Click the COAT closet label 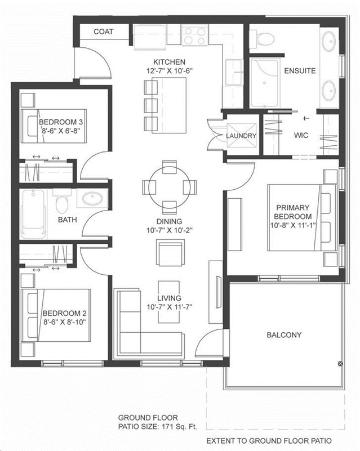[104, 32]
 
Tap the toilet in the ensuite [261, 39]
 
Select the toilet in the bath [61, 201]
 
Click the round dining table [170, 187]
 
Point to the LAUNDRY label [241, 136]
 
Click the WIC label [301, 135]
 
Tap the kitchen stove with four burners [195, 35]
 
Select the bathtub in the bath [34, 214]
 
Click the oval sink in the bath [92, 198]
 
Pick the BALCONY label [284, 335]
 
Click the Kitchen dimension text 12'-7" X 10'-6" [170, 71]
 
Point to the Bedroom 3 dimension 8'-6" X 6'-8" [61, 131]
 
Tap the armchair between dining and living [170, 253]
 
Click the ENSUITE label [300, 71]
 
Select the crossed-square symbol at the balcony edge [340, 364]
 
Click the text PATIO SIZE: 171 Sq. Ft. [158, 427]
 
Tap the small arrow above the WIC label [307, 118]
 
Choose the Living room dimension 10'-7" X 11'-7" [170, 307]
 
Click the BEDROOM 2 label [64, 313]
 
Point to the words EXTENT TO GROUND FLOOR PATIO [269, 441]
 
